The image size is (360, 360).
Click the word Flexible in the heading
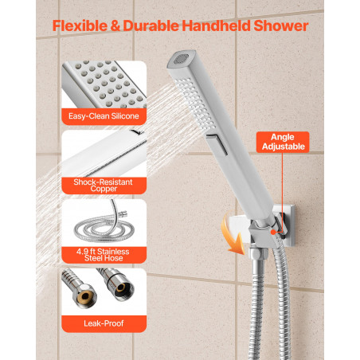(x=80, y=25)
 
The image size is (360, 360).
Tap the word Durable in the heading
(x=151, y=25)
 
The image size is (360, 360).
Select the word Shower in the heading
(x=280, y=25)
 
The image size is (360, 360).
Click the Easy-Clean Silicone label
(x=104, y=116)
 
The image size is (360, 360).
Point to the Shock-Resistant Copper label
(x=104, y=186)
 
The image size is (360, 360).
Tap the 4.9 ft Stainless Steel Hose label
(x=104, y=255)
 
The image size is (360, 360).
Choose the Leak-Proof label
(x=104, y=323)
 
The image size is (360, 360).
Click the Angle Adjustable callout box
(x=283, y=142)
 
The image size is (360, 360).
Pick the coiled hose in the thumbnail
(x=104, y=225)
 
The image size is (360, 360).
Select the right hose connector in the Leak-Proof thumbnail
(x=118, y=284)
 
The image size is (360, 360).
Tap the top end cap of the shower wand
(x=182, y=60)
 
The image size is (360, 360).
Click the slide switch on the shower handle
(x=217, y=144)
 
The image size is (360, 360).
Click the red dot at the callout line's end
(x=273, y=232)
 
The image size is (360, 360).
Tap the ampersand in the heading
(x=115, y=26)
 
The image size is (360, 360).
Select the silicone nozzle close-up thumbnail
(x=104, y=84)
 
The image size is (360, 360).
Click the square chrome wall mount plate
(x=288, y=225)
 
